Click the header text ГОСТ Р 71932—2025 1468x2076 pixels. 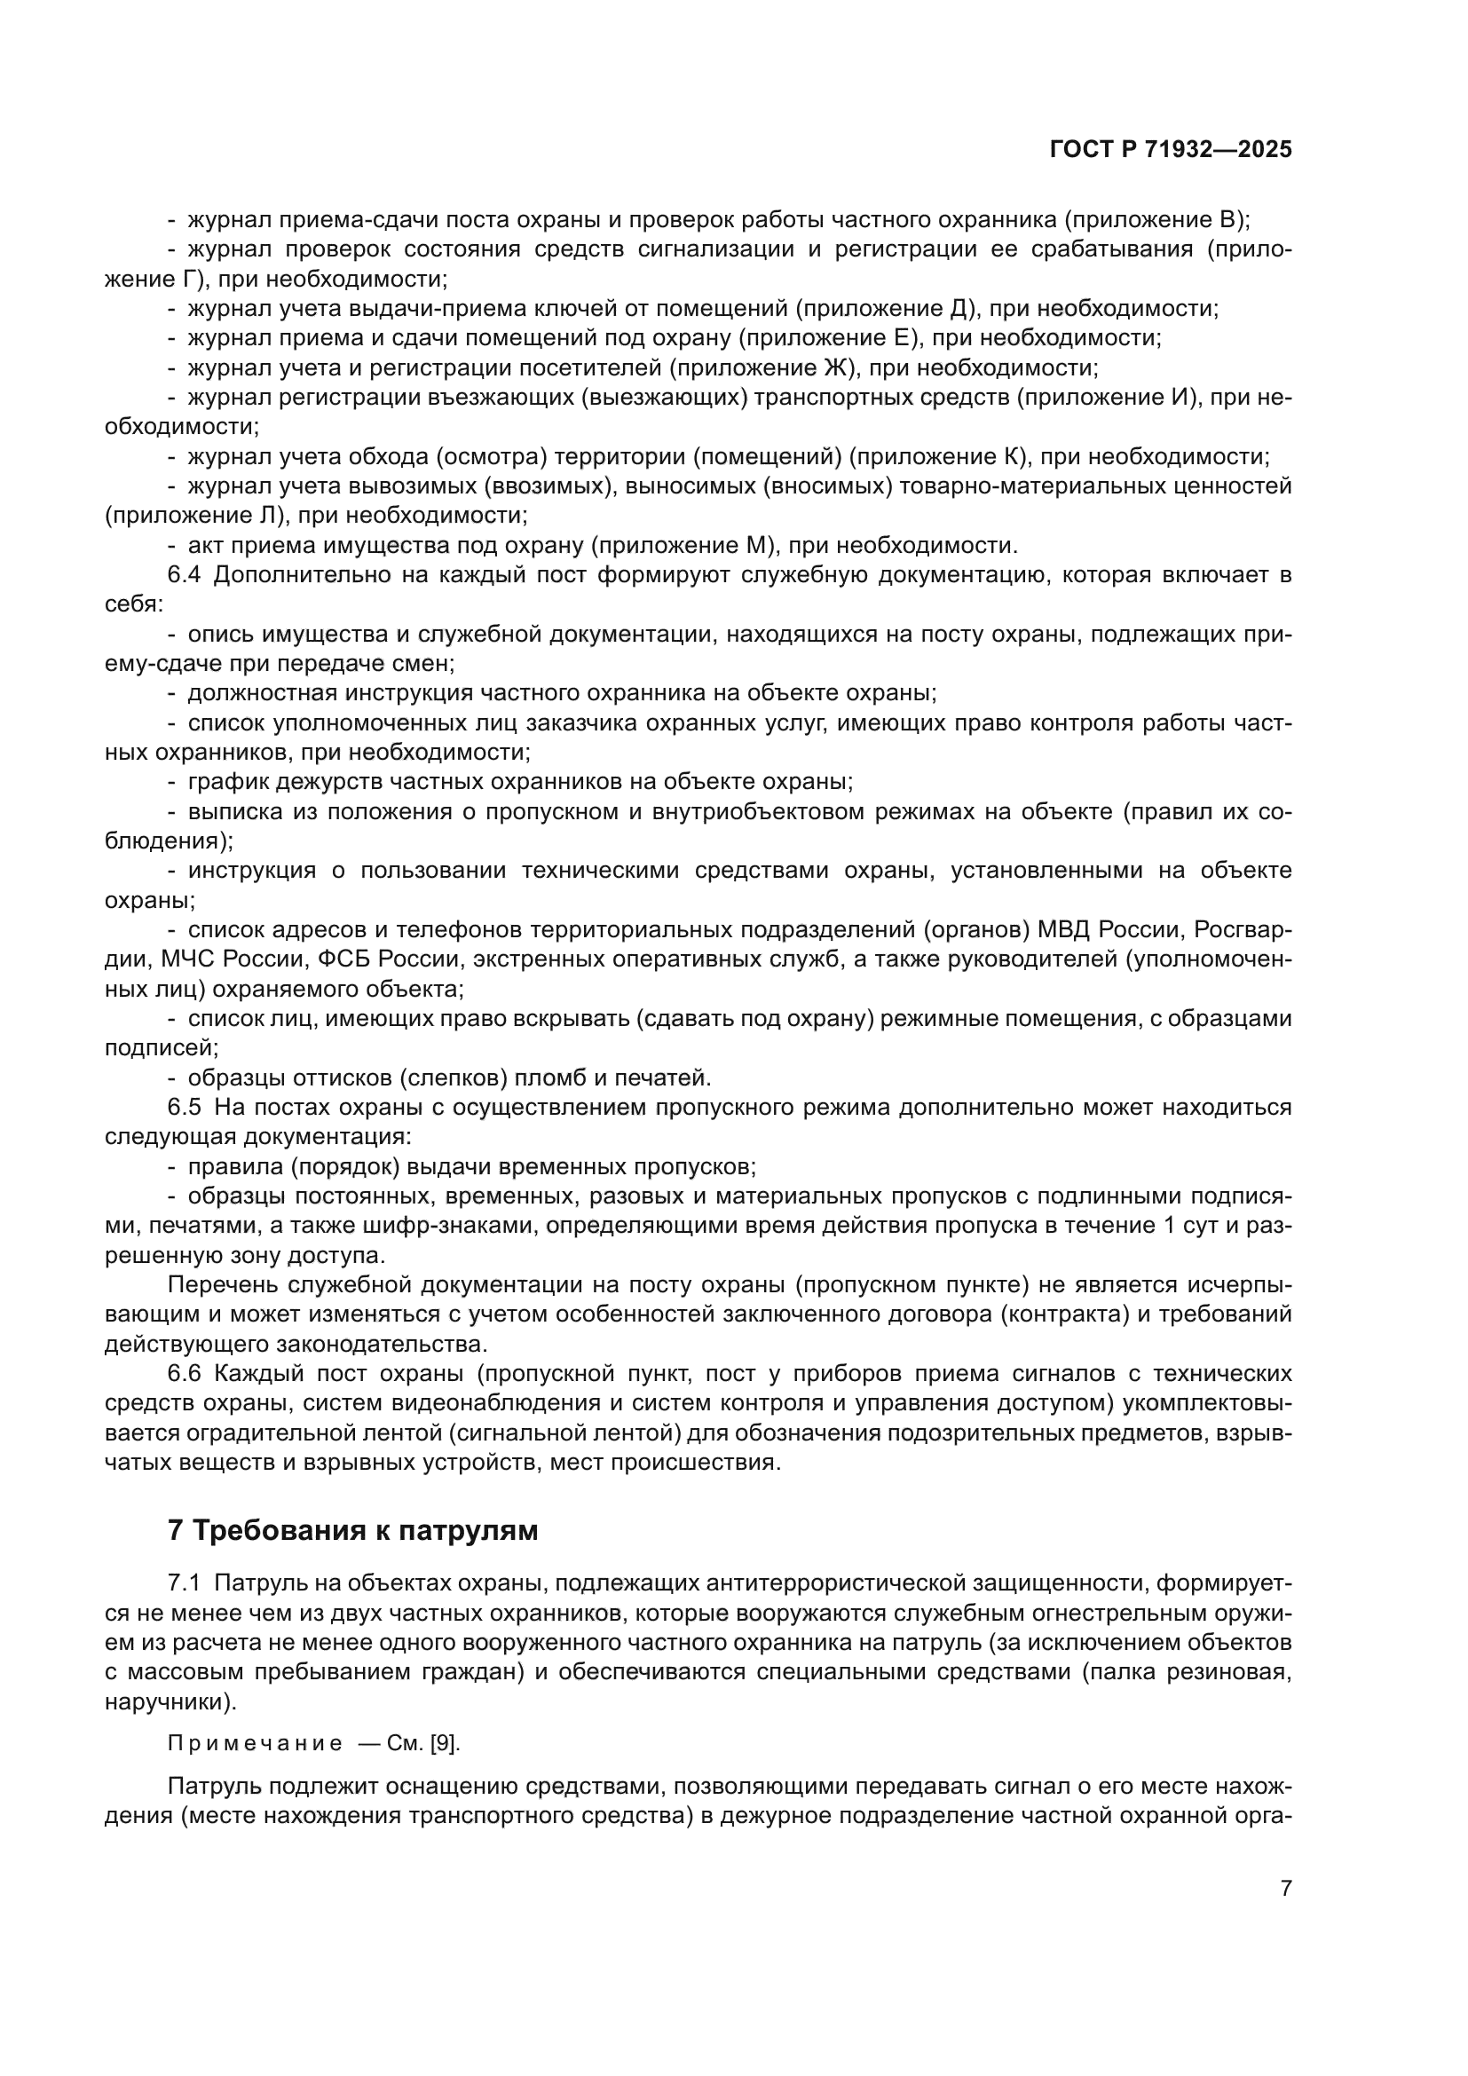pos(1171,150)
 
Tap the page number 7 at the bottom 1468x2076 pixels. pos(1286,1888)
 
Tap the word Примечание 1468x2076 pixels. pos(255,1744)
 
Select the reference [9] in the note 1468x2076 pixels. pos(444,1744)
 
